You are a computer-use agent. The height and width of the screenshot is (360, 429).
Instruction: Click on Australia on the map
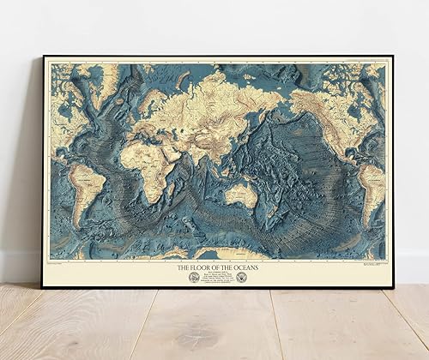241,194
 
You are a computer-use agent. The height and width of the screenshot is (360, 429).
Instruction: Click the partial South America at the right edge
372,184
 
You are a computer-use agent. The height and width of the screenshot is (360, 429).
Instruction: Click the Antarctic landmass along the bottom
214,254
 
